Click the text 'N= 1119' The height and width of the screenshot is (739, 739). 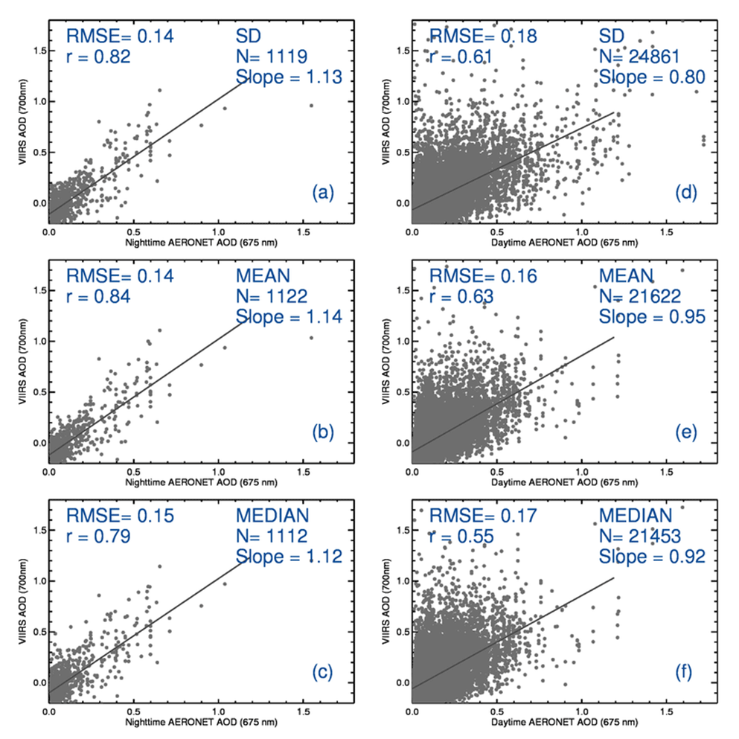point(271,56)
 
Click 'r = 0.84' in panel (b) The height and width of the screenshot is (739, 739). point(99,297)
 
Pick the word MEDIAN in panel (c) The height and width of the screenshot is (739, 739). point(272,516)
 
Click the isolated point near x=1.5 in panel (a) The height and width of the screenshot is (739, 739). point(312,105)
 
